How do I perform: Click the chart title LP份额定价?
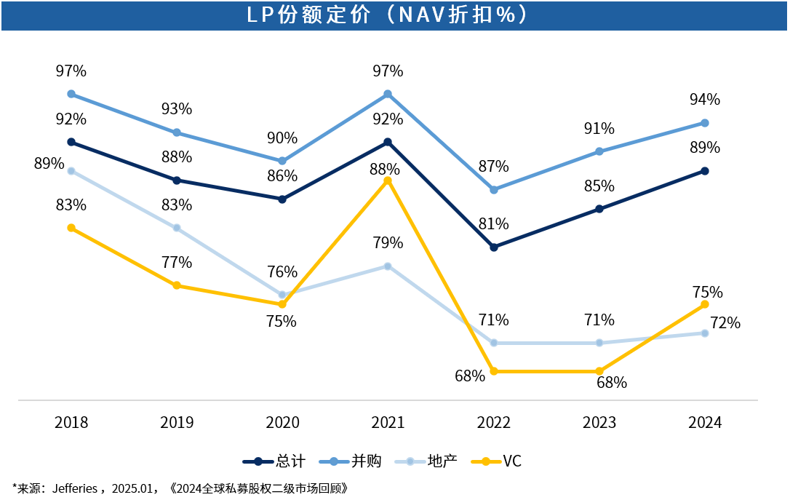[x=309, y=15]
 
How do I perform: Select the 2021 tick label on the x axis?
[x=388, y=422]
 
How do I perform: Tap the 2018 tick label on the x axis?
[x=71, y=422]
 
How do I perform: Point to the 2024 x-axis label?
[x=705, y=422]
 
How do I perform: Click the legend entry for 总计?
[x=274, y=461]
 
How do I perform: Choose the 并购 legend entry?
[x=351, y=461]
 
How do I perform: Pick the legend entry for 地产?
[x=426, y=461]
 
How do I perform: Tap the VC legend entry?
[x=496, y=461]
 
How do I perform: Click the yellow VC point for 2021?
[x=388, y=180]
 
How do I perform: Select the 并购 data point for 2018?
[x=71, y=95]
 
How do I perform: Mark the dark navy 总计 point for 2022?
[x=494, y=247]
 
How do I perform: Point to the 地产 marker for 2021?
[x=388, y=266]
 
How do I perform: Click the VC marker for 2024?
[x=705, y=304]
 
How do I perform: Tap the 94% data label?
[x=705, y=100]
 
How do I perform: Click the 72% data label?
[x=725, y=323]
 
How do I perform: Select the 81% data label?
[x=494, y=223]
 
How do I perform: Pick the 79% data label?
[x=388, y=243]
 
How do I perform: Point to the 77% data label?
[x=177, y=263]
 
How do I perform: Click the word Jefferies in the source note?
[x=75, y=488]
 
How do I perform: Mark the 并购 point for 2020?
[x=282, y=162]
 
